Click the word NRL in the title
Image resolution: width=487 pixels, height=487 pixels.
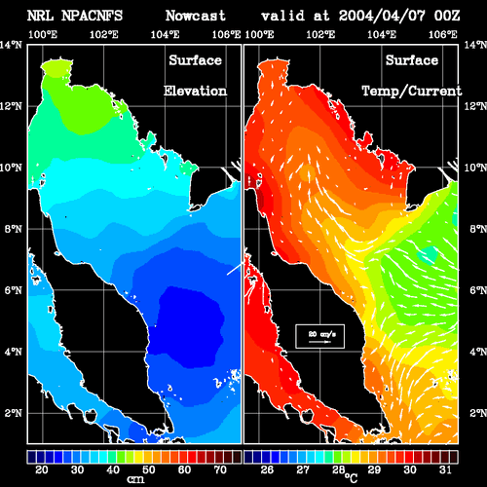click(40, 16)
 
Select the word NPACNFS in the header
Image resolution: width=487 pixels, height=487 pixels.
click(92, 16)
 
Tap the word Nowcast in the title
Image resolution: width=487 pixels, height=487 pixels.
click(196, 16)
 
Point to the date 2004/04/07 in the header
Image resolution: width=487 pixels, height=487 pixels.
click(382, 16)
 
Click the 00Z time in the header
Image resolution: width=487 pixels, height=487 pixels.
click(447, 16)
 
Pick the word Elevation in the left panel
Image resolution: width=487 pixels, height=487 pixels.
click(195, 91)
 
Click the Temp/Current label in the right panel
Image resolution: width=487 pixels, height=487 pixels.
click(412, 92)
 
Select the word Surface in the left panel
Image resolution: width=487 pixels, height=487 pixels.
click(195, 60)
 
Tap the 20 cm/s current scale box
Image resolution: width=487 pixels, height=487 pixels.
click(319, 336)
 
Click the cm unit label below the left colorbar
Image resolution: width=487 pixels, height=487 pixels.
click(135, 479)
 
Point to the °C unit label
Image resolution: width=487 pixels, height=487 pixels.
click(351, 477)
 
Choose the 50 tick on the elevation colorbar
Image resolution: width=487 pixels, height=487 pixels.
click(149, 469)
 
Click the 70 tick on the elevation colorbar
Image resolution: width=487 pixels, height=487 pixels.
click(220, 469)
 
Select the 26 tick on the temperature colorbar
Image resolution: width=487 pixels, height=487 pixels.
click(267, 469)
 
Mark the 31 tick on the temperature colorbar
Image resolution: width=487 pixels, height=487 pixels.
click(445, 469)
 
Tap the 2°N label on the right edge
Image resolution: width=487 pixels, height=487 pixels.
click(478, 413)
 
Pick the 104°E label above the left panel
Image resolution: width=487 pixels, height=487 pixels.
click(165, 34)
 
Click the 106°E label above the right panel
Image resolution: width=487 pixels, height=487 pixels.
click(443, 34)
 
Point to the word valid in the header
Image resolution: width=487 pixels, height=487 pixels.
click(283, 16)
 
